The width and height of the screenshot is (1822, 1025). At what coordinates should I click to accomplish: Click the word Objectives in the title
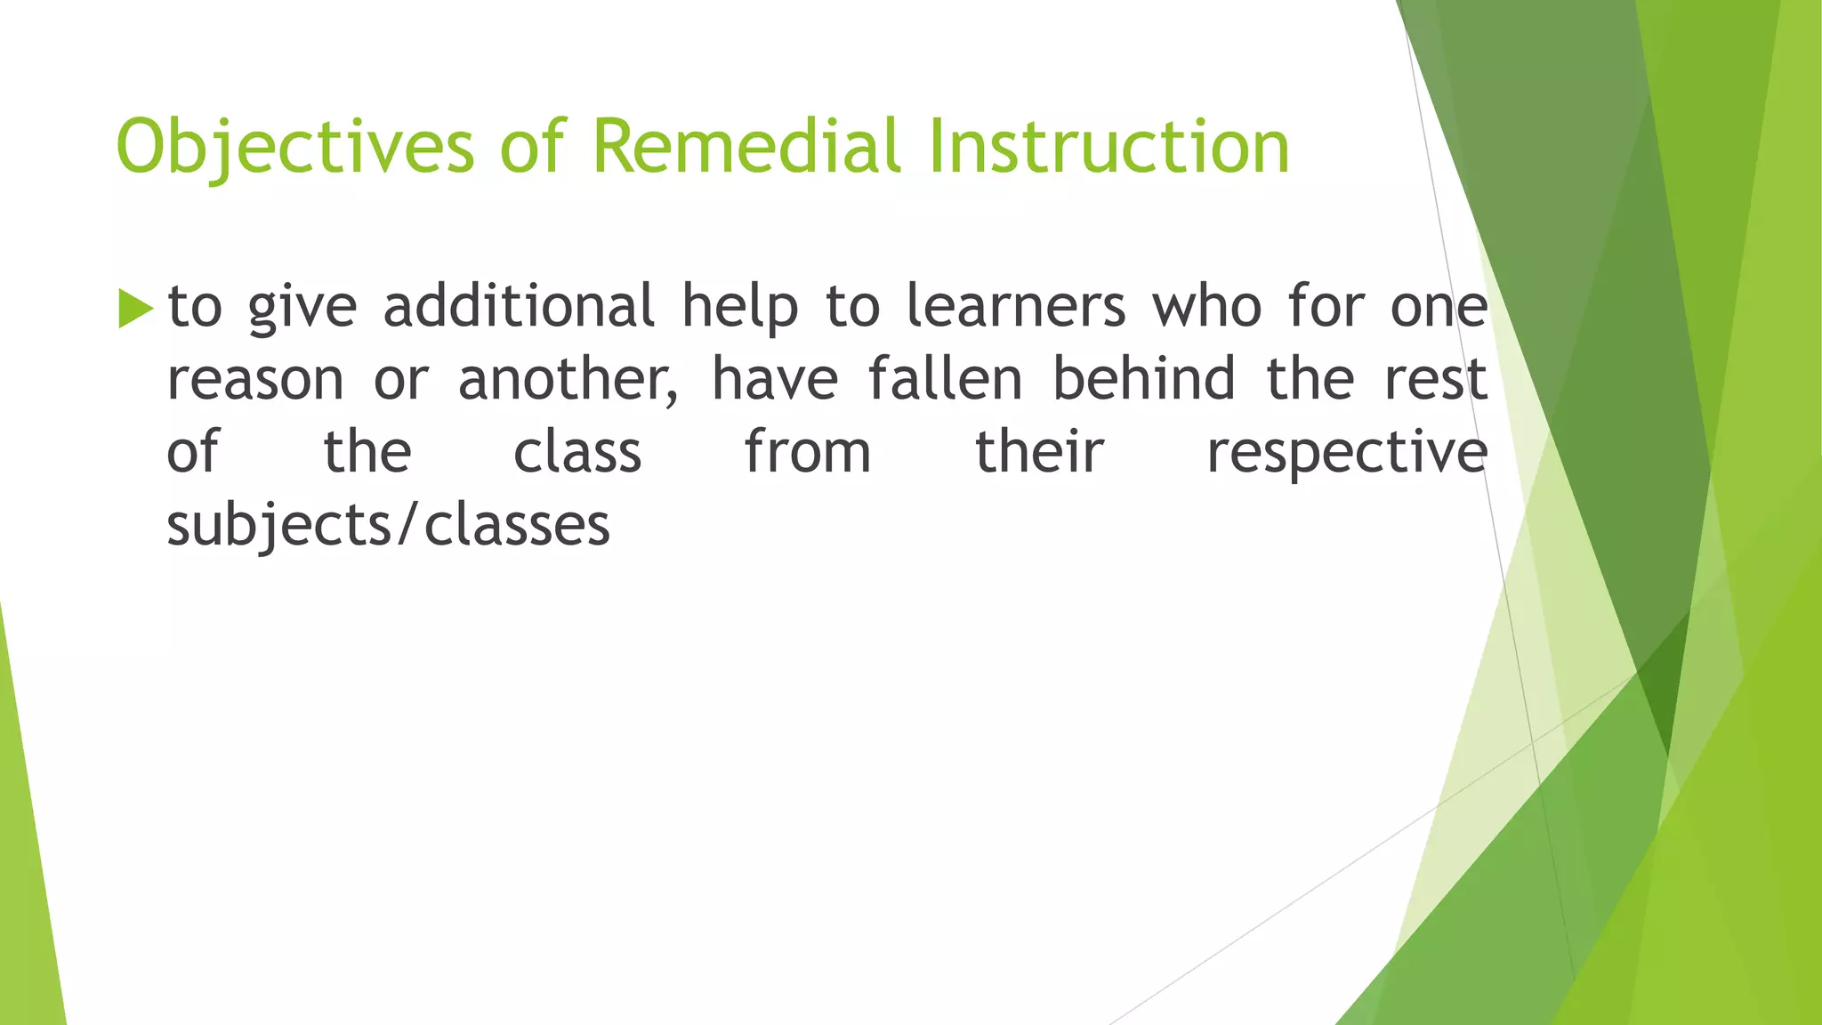click(294, 147)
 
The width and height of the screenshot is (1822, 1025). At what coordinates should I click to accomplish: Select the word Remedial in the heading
click(746, 147)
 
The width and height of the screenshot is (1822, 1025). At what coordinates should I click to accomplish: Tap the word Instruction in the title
click(1109, 147)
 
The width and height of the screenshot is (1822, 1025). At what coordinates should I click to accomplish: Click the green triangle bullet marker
click(135, 309)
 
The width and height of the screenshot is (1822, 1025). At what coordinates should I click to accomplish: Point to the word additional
click(519, 306)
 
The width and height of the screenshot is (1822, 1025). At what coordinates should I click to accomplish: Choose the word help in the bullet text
click(739, 308)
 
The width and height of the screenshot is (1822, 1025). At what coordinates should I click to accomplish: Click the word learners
click(1015, 306)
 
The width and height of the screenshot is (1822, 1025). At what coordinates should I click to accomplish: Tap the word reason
click(255, 381)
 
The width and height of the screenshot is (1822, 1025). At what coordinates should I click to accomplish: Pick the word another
click(568, 381)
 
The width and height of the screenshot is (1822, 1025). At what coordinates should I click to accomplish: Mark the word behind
click(1144, 379)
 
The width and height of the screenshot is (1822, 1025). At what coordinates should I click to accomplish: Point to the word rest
click(1436, 379)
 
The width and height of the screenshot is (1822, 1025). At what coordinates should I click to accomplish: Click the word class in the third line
click(577, 452)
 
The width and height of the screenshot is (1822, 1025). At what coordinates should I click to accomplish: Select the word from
click(808, 452)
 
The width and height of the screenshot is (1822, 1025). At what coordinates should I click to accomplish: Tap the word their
click(1039, 452)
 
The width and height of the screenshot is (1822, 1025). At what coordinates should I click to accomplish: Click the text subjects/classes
click(389, 527)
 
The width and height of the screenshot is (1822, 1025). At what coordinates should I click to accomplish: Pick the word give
click(302, 308)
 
